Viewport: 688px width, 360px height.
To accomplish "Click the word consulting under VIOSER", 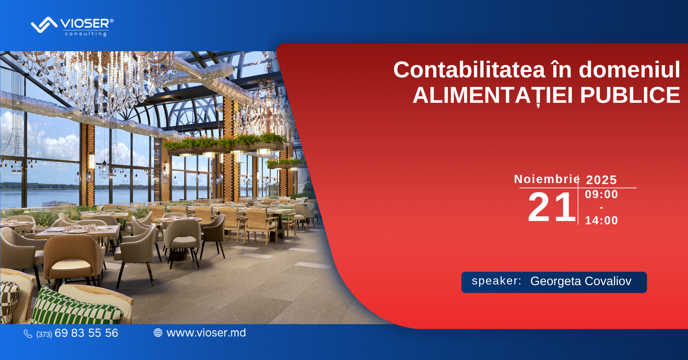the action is click(x=86, y=34).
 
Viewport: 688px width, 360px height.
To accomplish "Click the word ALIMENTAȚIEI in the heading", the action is click(x=493, y=95).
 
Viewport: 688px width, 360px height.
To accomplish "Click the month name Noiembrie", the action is click(x=547, y=179).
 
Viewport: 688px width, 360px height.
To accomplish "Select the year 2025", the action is click(x=601, y=180).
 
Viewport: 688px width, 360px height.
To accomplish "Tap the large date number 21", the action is click(x=551, y=207).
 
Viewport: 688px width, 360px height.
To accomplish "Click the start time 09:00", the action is click(x=601, y=194).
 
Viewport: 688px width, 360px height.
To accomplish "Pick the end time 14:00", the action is click(x=601, y=220).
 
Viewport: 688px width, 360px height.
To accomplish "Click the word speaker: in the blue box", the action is click(x=496, y=281).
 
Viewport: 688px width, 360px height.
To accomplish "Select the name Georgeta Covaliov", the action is click(x=581, y=281).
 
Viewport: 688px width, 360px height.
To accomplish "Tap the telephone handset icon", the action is click(x=28, y=334).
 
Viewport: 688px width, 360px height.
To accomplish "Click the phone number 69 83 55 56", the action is click(x=86, y=333).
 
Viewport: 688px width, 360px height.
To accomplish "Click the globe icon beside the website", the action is click(x=158, y=333).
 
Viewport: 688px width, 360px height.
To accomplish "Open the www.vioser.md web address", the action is click(x=206, y=333).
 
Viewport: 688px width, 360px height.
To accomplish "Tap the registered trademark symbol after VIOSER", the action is click(x=111, y=21).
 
